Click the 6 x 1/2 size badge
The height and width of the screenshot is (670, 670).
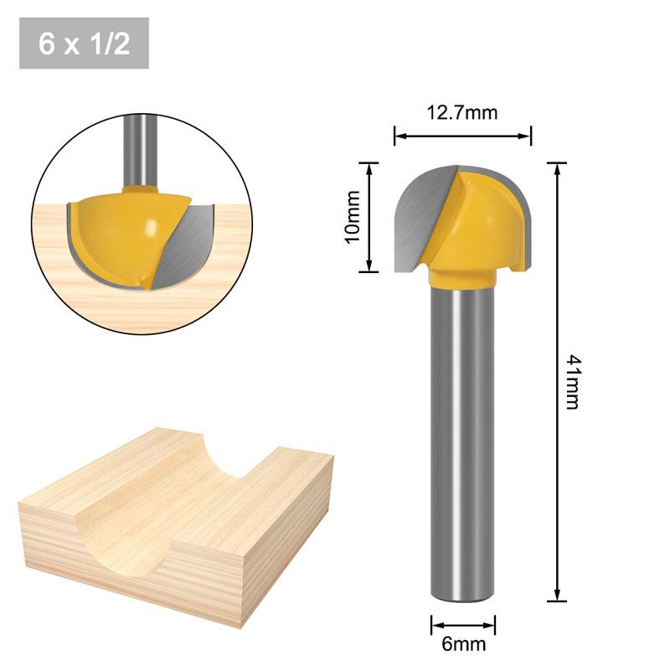click(84, 44)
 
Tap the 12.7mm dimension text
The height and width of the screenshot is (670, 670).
click(462, 112)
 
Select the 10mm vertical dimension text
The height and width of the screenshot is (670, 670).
click(353, 216)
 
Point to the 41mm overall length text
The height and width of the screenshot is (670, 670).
click(572, 382)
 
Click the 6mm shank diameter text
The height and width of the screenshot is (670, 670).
click(463, 644)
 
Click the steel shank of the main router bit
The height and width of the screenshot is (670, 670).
click(462, 435)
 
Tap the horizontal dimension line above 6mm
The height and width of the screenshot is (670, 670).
click(463, 624)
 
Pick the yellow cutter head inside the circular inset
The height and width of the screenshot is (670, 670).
click(126, 234)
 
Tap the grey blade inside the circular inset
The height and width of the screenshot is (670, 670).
click(188, 243)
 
